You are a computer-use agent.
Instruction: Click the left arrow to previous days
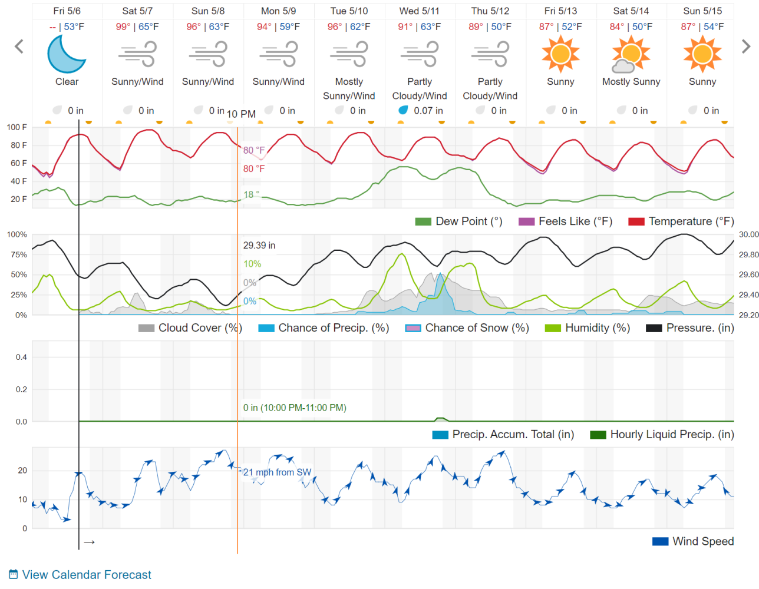(x=19, y=47)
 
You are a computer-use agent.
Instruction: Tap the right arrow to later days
(x=745, y=47)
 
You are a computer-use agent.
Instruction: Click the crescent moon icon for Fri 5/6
(x=67, y=54)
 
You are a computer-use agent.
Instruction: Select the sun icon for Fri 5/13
(x=560, y=54)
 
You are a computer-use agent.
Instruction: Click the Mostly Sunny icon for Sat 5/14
(x=631, y=54)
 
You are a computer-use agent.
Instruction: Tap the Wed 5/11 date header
(x=420, y=11)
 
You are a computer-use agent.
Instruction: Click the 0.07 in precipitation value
(x=428, y=111)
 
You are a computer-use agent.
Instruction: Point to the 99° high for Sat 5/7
(x=123, y=27)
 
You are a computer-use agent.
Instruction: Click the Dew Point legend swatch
(x=423, y=222)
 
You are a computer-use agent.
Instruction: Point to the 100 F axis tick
(x=16, y=127)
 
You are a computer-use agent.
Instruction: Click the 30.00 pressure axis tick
(x=748, y=234)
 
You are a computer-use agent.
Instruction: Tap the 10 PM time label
(x=241, y=114)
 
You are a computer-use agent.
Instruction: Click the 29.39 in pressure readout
(x=259, y=246)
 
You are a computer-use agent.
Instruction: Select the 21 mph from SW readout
(x=277, y=472)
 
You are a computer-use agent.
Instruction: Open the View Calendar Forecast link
(x=87, y=575)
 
